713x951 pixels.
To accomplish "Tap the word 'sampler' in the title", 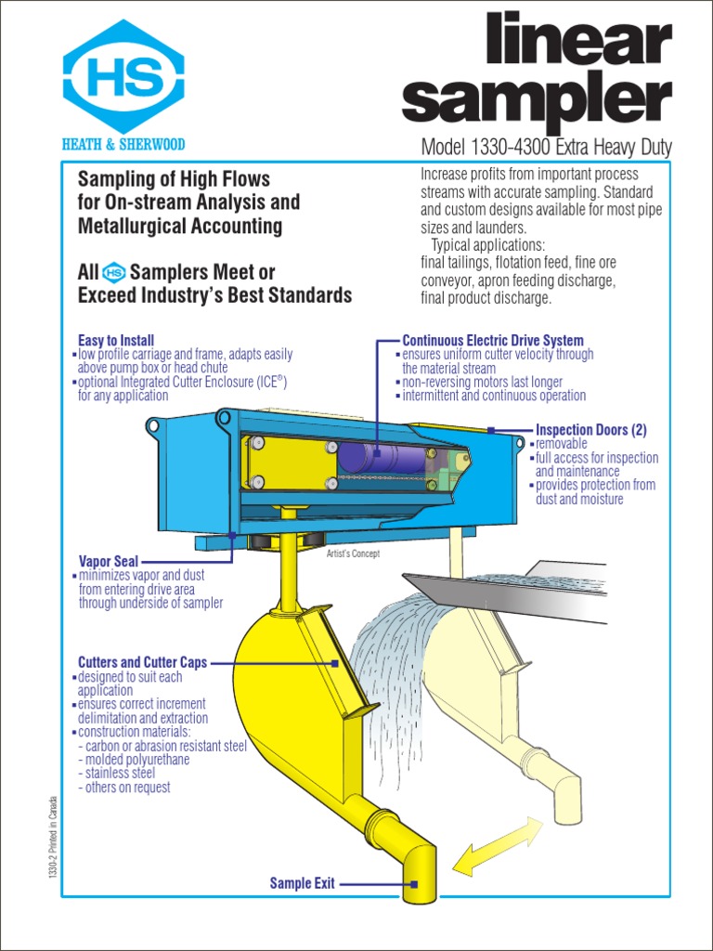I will (537, 99).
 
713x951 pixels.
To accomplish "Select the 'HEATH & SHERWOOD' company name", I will (123, 144).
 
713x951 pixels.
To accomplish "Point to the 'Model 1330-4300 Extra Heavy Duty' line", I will (546, 148).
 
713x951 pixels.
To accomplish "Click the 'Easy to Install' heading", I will (116, 341).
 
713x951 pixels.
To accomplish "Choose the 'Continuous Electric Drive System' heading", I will (492, 341).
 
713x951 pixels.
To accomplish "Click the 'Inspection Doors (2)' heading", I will (590, 430).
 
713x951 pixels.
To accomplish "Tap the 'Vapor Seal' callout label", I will (109, 561).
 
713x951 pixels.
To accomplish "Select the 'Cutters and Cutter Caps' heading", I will (142, 662).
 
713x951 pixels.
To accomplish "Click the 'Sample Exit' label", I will (302, 883).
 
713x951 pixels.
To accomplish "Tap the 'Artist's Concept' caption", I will (353, 554).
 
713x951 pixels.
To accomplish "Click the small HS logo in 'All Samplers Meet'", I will (114, 273).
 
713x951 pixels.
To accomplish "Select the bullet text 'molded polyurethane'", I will (137, 760).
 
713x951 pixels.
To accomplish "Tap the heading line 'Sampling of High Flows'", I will (174, 177).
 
